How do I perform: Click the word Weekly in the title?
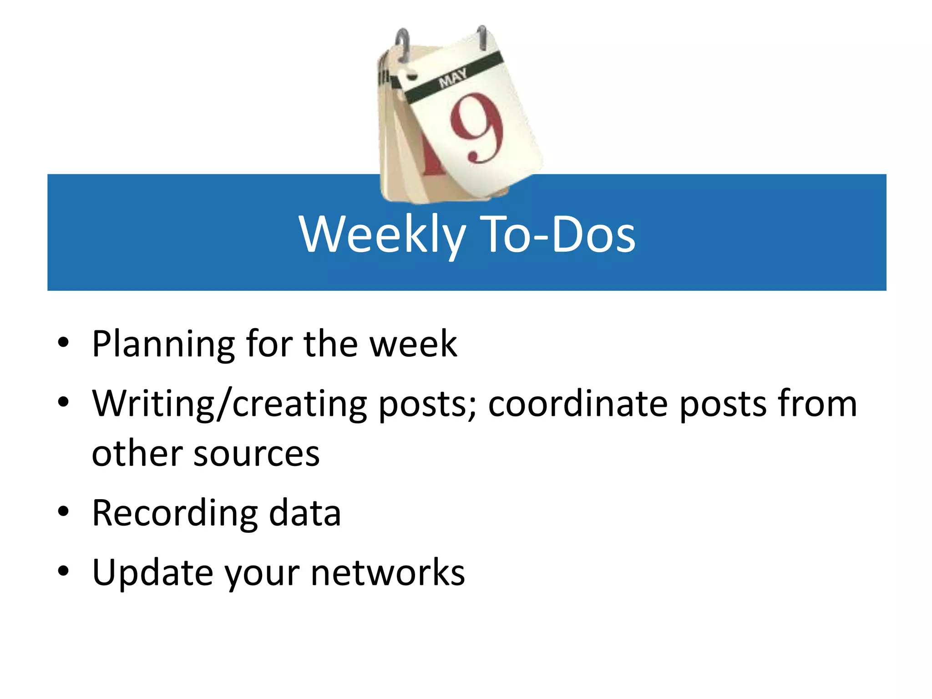point(382,234)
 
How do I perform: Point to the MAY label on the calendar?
point(452,78)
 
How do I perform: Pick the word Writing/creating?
point(229,404)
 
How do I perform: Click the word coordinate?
point(577,404)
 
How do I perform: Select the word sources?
point(257,454)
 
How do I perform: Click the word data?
point(304,513)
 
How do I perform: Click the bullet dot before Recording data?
point(63,512)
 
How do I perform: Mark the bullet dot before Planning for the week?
point(63,342)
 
